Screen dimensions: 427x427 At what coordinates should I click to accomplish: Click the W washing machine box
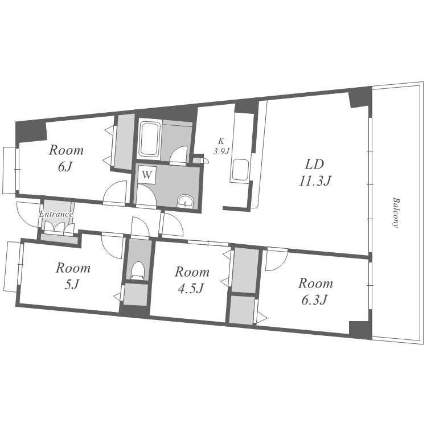(x=147, y=175)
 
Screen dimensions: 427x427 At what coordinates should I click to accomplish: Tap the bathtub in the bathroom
(x=149, y=140)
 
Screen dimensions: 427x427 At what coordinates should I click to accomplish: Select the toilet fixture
(x=137, y=270)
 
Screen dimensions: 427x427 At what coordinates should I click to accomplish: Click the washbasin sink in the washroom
(x=185, y=201)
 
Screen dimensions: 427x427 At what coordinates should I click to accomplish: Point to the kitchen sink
(x=240, y=170)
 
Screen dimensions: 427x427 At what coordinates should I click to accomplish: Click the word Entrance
(x=56, y=213)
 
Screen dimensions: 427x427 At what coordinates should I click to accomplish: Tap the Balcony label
(x=396, y=213)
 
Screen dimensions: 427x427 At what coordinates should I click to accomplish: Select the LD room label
(x=314, y=164)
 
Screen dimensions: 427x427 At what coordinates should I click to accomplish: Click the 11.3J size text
(x=315, y=181)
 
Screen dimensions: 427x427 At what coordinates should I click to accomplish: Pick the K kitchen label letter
(x=221, y=141)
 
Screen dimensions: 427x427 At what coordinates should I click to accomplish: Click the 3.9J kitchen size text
(x=221, y=151)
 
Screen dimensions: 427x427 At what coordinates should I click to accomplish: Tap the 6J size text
(x=64, y=167)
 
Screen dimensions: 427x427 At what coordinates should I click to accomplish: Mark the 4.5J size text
(x=191, y=289)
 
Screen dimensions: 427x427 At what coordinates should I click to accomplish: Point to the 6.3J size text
(x=314, y=300)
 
